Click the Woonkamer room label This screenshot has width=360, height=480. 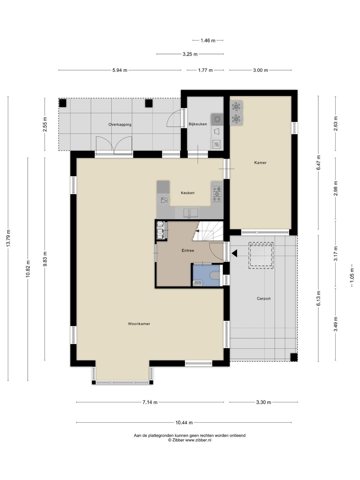(139, 324)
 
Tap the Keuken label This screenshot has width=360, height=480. (187, 193)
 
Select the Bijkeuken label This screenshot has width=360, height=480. (198, 124)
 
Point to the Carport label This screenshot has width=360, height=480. (264, 298)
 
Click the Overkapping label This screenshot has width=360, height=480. (120, 124)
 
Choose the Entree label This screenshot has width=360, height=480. (188, 250)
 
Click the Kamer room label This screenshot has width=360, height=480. (260, 163)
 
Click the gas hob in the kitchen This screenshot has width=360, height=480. (216, 194)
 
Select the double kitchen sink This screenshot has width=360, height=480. (190, 213)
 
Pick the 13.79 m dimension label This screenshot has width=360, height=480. (8, 238)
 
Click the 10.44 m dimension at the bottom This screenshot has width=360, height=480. (184, 423)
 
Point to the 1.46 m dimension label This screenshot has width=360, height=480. (208, 40)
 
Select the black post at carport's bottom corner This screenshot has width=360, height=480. (294, 357)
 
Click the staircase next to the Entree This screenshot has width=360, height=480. (208, 231)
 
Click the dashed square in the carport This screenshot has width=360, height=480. (261, 255)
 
